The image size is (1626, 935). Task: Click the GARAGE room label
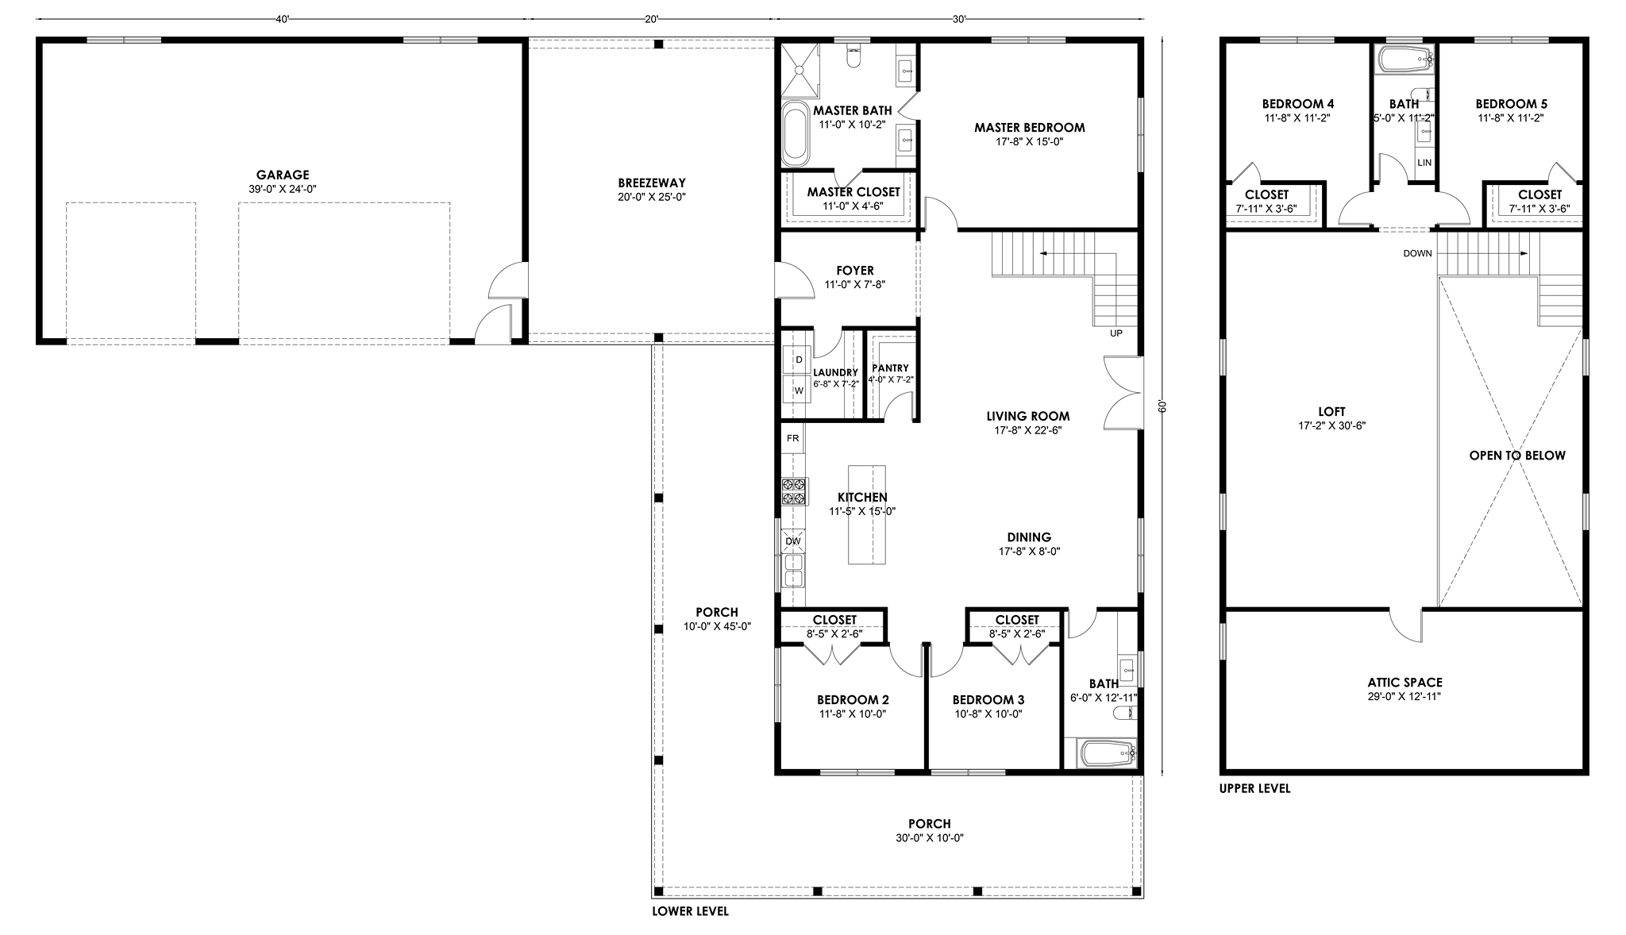pos(283,175)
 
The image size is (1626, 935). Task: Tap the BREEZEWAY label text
pos(652,183)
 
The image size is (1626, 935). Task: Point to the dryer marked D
pos(798,360)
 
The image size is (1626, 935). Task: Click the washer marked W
pos(798,390)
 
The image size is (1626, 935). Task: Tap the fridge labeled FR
pos(793,438)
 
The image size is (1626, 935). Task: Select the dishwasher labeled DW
pos(793,541)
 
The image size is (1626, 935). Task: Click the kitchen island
pos(867,514)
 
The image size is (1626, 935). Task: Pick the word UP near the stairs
pos(1116,333)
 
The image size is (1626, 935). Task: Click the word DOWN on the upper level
pos(1418,254)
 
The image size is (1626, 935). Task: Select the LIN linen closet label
pos(1424,163)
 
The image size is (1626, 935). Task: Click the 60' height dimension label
pos(1162,406)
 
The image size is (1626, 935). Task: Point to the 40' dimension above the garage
pos(282,20)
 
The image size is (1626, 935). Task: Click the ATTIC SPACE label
pos(1404,683)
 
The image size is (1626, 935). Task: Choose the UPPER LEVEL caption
pos(1255,789)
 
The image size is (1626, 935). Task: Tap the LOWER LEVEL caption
pos(690,911)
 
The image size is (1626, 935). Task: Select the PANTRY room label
pos(890,368)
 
